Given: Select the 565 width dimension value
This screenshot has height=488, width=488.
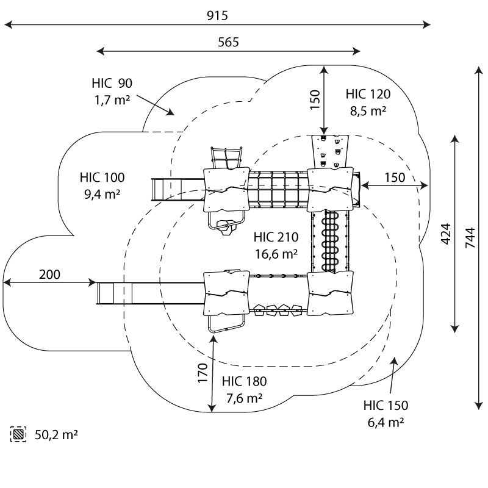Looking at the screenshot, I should coord(228,42).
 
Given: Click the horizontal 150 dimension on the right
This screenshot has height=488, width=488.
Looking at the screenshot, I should coord(394,177).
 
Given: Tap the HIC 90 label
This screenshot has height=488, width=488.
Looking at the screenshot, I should coord(112,84).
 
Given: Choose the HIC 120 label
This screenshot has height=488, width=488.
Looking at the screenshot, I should coord(368,94).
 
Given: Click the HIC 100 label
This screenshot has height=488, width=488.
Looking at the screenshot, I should coord(102,178).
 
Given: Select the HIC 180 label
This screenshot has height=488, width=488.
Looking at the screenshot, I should coord(244,382).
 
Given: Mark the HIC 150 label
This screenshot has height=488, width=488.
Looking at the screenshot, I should coord(386,406).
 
